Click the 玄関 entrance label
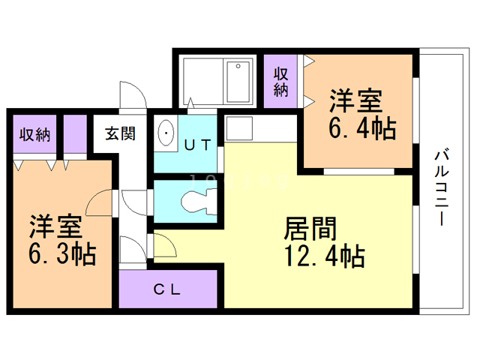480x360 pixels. tap(120, 135)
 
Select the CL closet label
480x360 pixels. tap(167, 289)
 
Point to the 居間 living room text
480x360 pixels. tap(308, 227)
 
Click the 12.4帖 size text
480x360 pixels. tap(323, 256)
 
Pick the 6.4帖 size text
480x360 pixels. tap(362, 130)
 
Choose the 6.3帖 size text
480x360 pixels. tap(63, 255)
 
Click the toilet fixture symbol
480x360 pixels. tap(196, 201)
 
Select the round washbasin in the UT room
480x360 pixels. tap(166, 135)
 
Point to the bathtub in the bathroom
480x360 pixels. tap(239, 82)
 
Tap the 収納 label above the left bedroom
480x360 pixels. tap(35, 136)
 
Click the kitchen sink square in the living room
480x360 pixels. tap(241, 128)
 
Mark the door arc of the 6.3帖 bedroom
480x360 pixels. tap(100, 201)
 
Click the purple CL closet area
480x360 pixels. tap(168, 289)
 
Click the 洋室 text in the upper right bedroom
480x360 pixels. tap(356, 100)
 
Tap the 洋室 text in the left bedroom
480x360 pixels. tap(56, 226)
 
